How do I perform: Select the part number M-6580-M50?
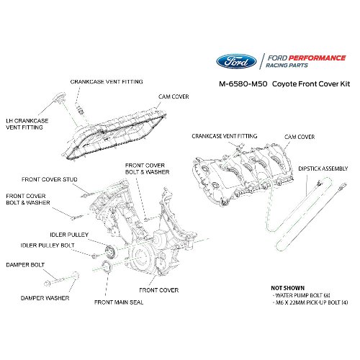pyautogui.click(x=243, y=84)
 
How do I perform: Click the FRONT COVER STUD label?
pyautogui.click(x=49, y=179)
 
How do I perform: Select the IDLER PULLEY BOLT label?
pyautogui.click(x=48, y=246)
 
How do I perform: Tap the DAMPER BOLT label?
pyautogui.click(x=24, y=264)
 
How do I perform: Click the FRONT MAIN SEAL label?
pyautogui.click(x=119, y=303)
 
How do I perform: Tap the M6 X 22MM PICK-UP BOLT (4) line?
pyautogui.click(x=310, y=302)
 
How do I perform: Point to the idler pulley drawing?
pyautogui.click(x=110, y=251)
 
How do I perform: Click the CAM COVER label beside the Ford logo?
pyautogui.click(x=173, y=95)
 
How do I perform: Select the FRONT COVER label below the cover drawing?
pyautogui.click(x=159, y=290)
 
